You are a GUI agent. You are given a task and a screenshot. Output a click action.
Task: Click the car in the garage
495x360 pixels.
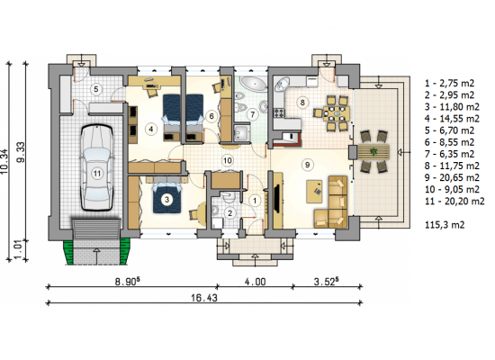(x=97, y=167)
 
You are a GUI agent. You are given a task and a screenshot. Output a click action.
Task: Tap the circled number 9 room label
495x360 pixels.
(x=307, y=164)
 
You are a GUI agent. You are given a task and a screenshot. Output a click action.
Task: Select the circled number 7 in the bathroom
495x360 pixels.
(x=253, y=114)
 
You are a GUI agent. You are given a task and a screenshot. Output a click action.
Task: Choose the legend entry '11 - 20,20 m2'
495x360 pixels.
(x=454, y=202)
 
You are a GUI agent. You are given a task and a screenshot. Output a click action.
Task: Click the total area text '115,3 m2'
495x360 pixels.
(x=445, y=225)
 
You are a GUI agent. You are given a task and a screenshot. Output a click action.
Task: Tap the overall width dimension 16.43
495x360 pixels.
(x=204, y=298)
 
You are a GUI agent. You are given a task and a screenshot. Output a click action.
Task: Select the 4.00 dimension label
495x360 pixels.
(x=255, y=282)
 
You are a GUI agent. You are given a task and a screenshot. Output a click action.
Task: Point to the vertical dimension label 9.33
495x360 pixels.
(x=22, y=152)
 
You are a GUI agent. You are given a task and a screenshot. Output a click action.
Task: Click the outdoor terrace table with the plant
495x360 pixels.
(x=373, y=152)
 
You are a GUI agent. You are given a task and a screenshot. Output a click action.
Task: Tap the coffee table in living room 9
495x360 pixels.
(x=314, y=192)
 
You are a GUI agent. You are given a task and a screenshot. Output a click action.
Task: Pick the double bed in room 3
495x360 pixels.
(x=167, y=197)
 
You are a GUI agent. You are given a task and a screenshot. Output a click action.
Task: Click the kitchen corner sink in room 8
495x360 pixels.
(x=282, y=84)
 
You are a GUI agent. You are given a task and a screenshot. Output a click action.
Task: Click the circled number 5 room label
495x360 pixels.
(x=96, y=89)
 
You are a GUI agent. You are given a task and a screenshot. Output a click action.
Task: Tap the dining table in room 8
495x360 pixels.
(x=337, y=113)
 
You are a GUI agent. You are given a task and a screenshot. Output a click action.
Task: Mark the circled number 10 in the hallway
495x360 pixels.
(x=228, y=160)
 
